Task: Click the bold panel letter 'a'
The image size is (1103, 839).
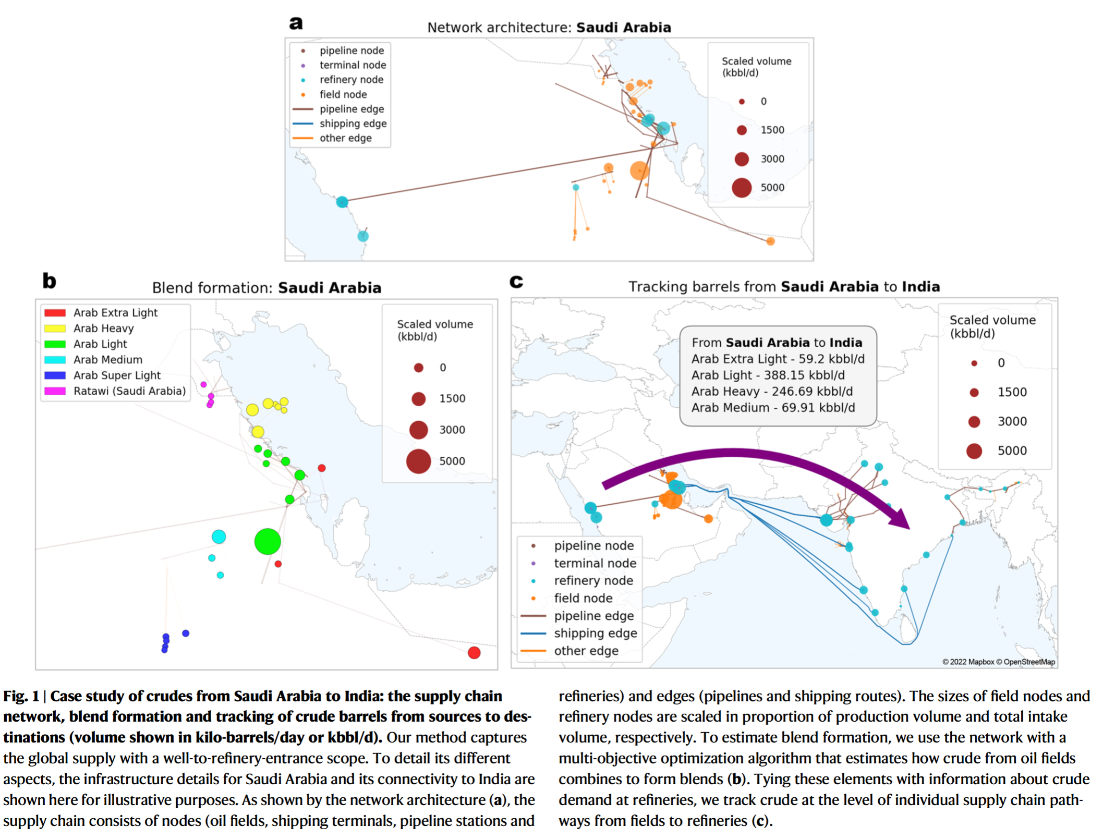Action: click(x=296, y=23)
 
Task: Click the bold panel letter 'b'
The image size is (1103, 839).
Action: click(x=49, y=281)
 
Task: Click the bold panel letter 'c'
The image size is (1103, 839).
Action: click(x=516, y=282)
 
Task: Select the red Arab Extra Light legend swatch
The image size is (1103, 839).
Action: click(x=55, y=313)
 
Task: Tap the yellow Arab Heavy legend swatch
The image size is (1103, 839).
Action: click(x=55, y=329)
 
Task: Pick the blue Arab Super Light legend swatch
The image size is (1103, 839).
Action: click(x=55, y=375)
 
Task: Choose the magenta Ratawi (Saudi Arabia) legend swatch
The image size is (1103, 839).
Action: click(x=55, y=391)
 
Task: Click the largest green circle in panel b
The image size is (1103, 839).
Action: click(x=268, y=541)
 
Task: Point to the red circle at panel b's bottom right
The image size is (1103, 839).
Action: click(x=474, y=653)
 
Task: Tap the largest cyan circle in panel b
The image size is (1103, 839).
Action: click(x=219, y=537)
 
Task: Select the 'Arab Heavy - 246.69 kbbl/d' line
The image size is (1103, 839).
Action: click(x=772, y=392)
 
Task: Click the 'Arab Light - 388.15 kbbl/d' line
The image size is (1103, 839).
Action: click(x=768, y=375)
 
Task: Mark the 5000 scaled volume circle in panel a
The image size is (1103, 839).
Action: click(x=742, y=188)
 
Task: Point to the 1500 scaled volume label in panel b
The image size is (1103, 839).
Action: click(x=452, y=399)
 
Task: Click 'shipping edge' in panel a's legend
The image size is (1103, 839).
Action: click(x=353, y=124)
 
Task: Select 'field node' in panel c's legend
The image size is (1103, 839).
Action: click(x=583, y=598)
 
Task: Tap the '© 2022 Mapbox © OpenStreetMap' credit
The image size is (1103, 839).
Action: click(x=998, y=662)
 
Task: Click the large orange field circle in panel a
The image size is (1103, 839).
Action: click(x=639, y=171)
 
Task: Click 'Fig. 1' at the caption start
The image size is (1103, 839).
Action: click(x=21, y=697)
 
